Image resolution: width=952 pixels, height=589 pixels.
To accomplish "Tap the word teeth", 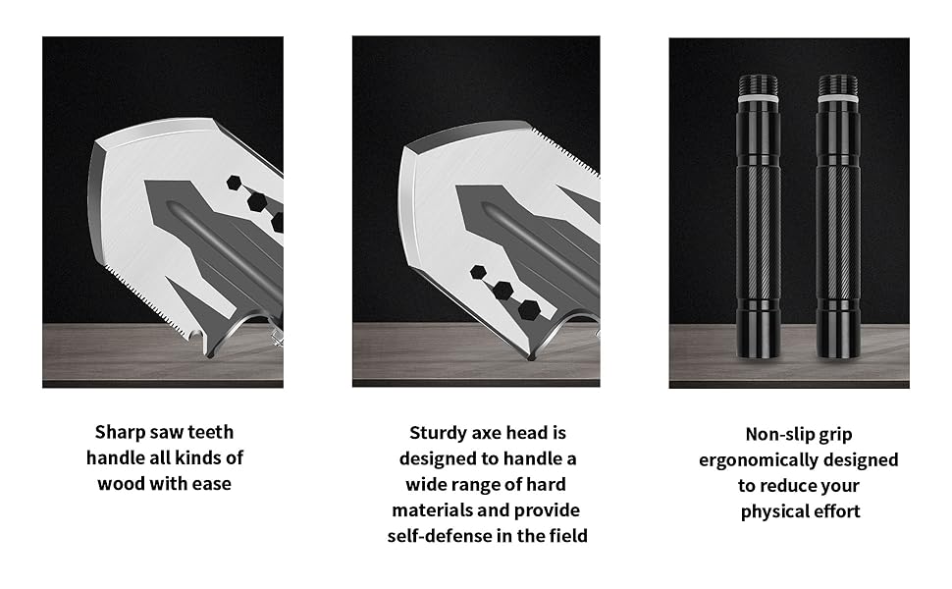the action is [x=211, y=432].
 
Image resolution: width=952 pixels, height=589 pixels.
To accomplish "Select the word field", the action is [x=568, y=536].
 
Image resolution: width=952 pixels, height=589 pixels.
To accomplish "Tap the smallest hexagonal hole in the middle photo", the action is [x=478, y=273].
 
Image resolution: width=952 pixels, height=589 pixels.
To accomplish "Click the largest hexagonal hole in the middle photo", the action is [x=529, y=309].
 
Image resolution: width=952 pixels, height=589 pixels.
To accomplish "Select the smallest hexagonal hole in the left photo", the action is [x=235, y=183].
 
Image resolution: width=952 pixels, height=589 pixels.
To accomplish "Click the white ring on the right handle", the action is [x=838, y=97].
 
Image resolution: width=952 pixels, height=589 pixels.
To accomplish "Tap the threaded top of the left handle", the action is [x=759, y=83].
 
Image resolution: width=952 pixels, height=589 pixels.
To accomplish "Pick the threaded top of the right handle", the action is [x=838, y=84].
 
